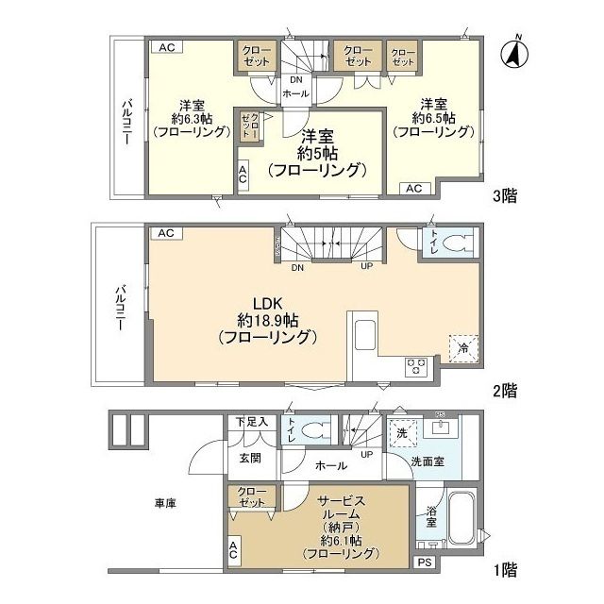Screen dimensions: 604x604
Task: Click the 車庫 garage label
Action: [x=165, y=503]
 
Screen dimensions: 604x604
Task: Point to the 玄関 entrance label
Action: [x=249, y=459]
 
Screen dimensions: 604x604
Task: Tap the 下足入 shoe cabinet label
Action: [x=251, y=422]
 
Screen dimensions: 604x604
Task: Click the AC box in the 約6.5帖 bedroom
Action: [x=413, y=188]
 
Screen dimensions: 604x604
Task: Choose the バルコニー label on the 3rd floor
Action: [x=126, y=123]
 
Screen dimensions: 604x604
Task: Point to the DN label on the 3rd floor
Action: [x=296, y=79]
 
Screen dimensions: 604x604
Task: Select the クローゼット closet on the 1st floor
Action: [x=251, y=497]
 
